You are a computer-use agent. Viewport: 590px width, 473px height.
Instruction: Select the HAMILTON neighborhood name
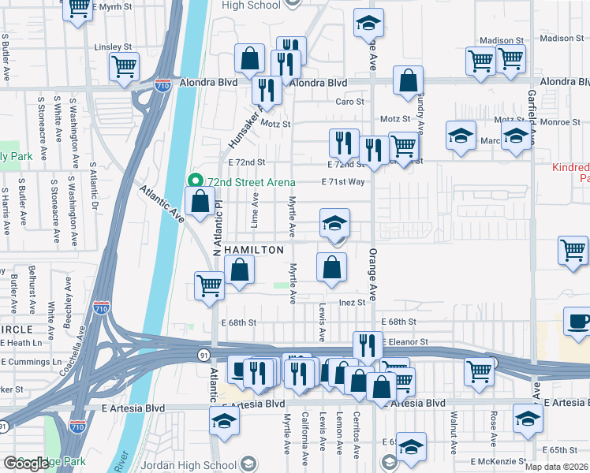pyautogui.click(x=254, y=250)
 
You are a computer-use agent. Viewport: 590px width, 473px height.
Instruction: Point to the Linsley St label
pyautogui.click(x=110, y=47)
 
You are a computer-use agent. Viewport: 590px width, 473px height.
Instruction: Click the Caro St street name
pyautogui.click(x=349, y=102)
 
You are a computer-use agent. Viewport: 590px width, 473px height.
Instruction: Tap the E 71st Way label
pyautogui.click(x=342, y=182)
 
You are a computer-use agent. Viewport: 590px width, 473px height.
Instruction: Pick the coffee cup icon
pyautogui.click(x=579, y=322)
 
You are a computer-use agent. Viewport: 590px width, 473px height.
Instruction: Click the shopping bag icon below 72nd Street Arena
pyautogui.click(x=200, y=201)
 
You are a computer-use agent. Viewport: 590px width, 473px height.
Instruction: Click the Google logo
pyautogui.click(x=26, y=464)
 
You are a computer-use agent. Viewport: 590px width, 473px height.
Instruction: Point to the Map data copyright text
pyautogui.click(x=555, y=467)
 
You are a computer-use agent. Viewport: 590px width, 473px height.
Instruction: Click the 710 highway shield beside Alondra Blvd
pyautogui.click(x=163, y=82)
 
